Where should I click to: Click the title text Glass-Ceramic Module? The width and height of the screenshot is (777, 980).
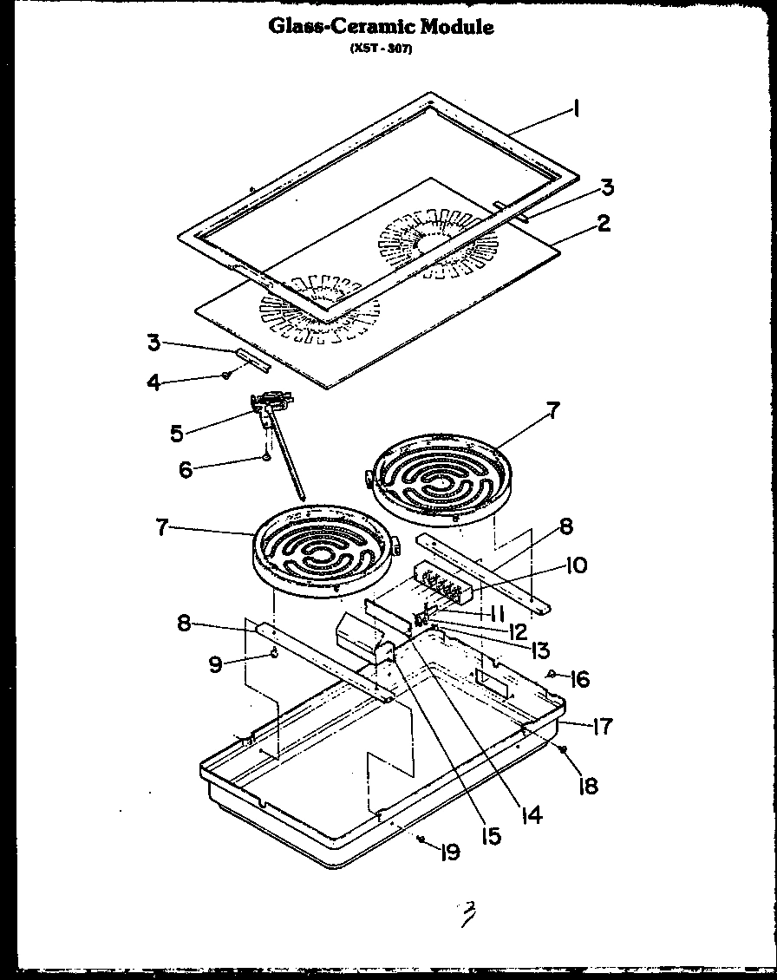click(381, 27)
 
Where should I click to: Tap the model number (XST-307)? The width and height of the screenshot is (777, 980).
click(381, 49)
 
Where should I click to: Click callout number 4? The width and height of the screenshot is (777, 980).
click(153, 381)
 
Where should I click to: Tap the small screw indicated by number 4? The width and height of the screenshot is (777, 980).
click(225, 375)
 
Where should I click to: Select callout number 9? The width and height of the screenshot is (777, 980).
click(216, 664)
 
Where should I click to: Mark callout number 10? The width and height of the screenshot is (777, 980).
click(576, 565)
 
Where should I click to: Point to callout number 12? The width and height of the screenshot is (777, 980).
click(519, 632)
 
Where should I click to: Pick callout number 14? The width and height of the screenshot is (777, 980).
click(532, 815)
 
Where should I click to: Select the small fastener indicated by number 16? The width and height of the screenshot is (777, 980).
click(552, 674)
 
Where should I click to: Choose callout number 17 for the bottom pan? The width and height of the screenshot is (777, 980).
click(601, 726)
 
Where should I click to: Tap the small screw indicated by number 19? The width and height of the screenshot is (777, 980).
click(420, 838)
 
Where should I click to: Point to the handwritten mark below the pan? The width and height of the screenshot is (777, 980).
click(467, 913)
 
